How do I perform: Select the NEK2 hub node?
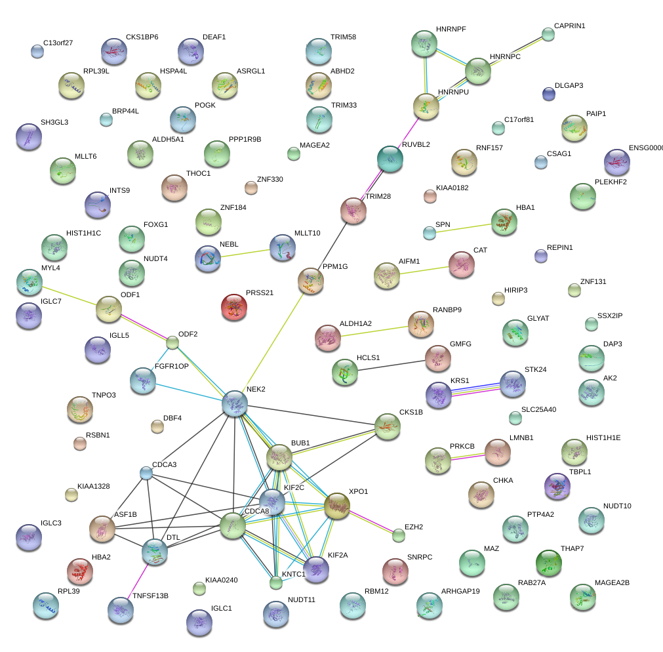(x=234, y=403)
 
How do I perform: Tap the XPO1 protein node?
(x=337, y=506)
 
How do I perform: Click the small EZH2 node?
(x=399, y=535)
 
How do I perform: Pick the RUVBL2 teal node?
(x=390, y=158)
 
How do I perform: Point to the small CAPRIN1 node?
(x=548, y=34)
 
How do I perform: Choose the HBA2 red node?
(x=80, y=571)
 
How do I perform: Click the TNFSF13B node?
(x=121, y=609)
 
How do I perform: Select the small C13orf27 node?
(x=37, y=51)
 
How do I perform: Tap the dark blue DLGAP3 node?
(x=549, y=94)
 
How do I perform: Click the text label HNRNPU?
(x=454, y=92)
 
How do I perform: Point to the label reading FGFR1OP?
(x=171, y=366)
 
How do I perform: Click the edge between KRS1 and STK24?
(x=475, y=388)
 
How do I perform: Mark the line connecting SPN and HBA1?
(x=466, y=227)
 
